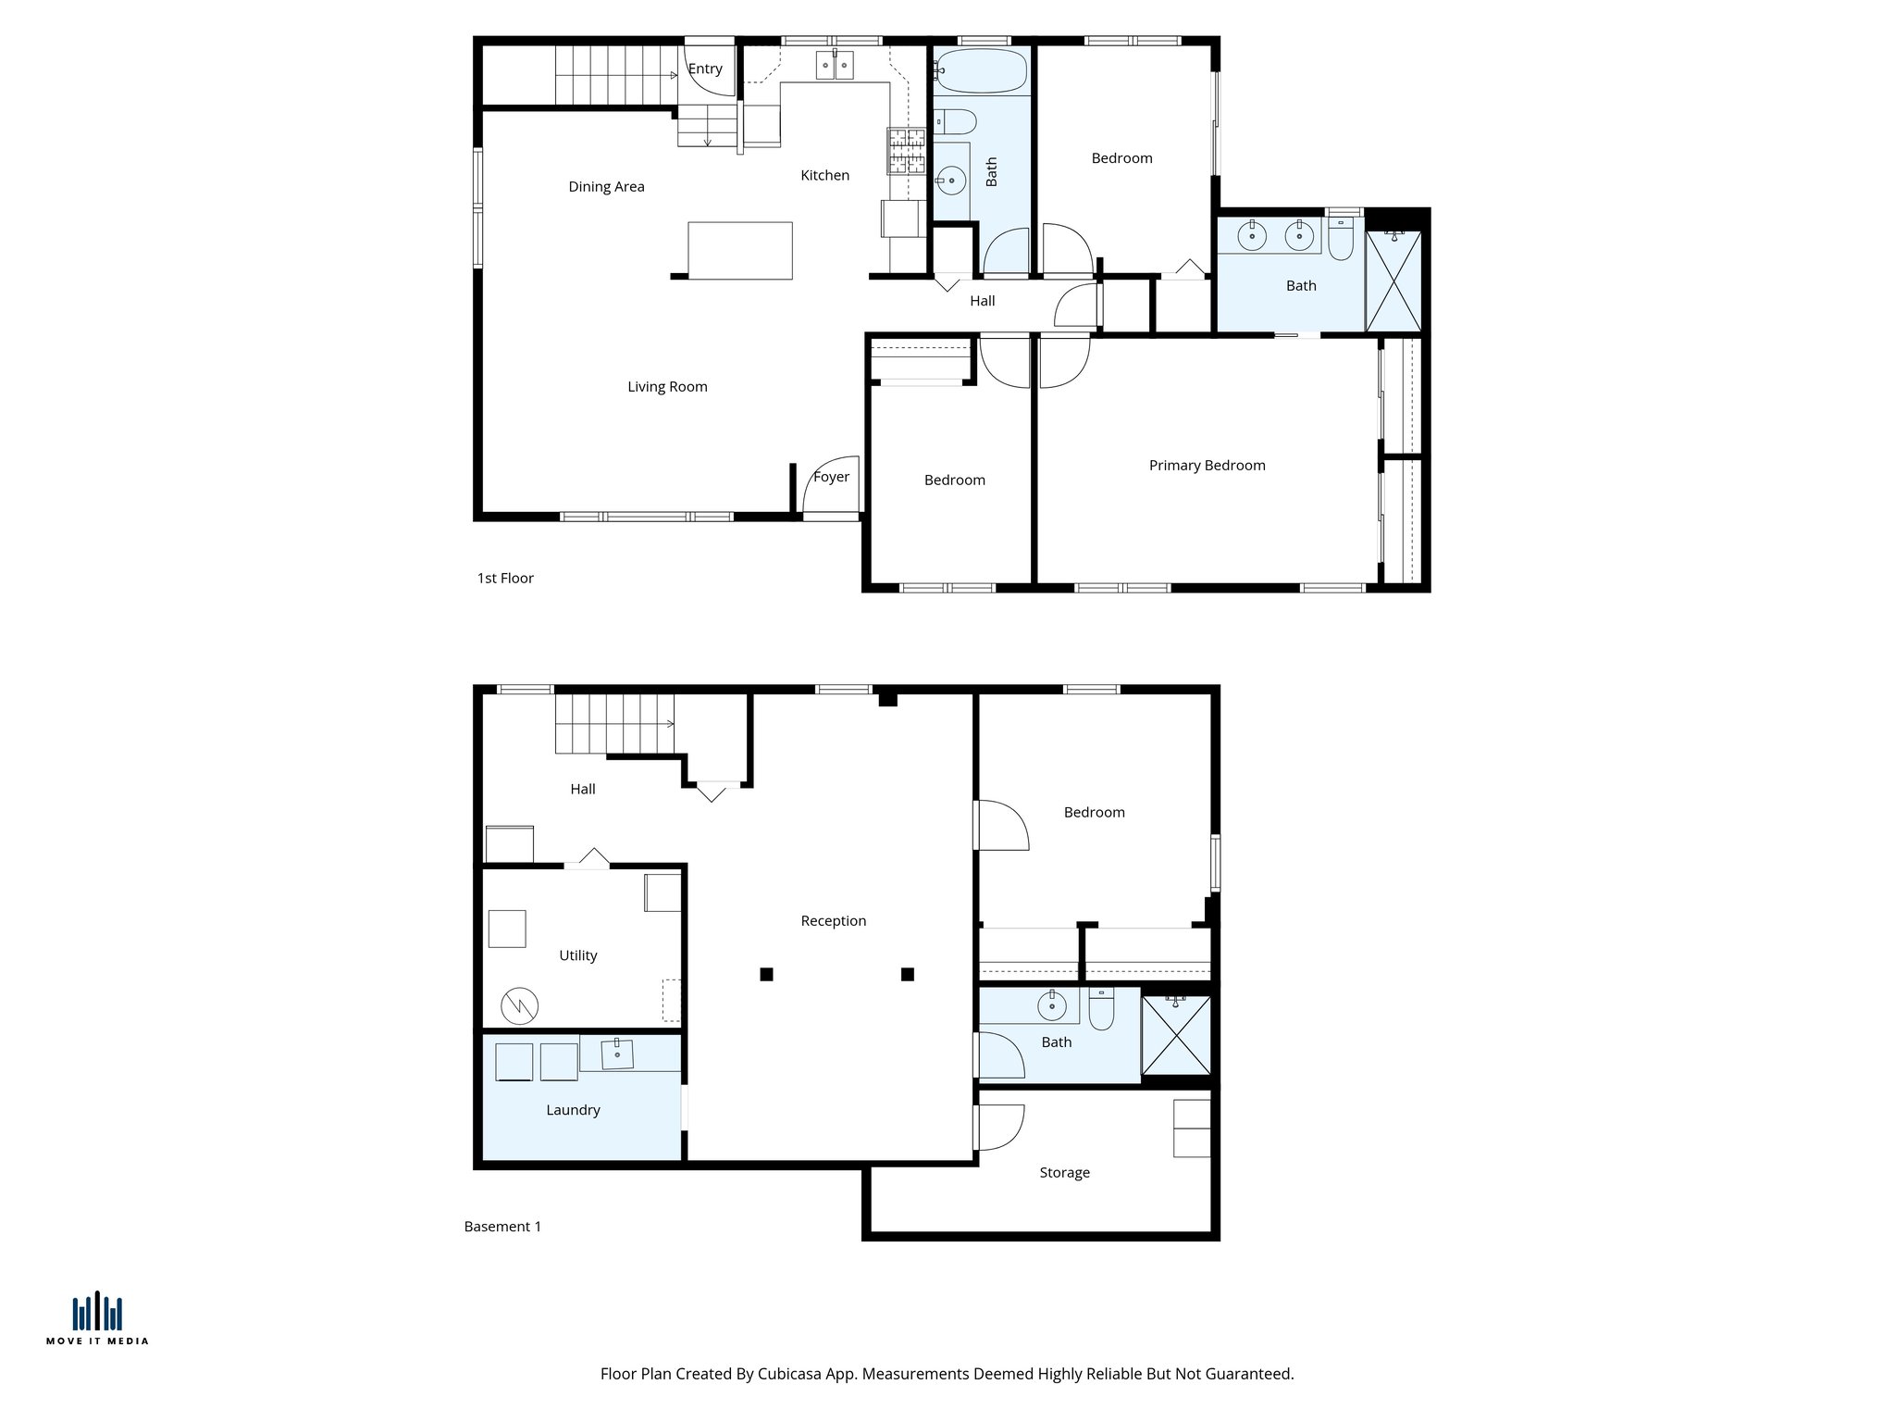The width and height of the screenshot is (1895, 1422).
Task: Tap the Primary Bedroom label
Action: click(1207, 466)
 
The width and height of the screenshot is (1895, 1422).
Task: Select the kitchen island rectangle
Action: click(740, 250)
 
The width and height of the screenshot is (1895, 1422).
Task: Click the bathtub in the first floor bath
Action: click(981, 71)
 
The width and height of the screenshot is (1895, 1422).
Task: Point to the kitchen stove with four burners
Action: click(906, 152)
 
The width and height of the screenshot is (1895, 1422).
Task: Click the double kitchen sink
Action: click(835, 66)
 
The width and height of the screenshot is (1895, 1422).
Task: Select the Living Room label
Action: click(667, 387)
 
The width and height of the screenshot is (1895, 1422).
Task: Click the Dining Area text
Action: click(606, 187)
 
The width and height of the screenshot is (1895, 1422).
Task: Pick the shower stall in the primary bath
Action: click(1393, 281)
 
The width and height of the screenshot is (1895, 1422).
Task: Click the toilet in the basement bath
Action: click(1101, 1010)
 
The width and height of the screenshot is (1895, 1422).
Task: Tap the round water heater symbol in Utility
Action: click(519, 1005)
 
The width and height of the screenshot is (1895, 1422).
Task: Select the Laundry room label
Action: click(573, 1110)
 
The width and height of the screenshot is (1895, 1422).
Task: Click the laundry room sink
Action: click(617, 1054)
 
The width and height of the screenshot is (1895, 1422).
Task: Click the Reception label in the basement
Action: click(833, 921)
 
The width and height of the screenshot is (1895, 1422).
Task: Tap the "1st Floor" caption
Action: click(505, 579)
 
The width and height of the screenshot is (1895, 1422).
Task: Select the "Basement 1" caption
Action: click(502, 1227)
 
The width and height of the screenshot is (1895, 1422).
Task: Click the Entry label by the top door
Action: click(705, 69)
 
